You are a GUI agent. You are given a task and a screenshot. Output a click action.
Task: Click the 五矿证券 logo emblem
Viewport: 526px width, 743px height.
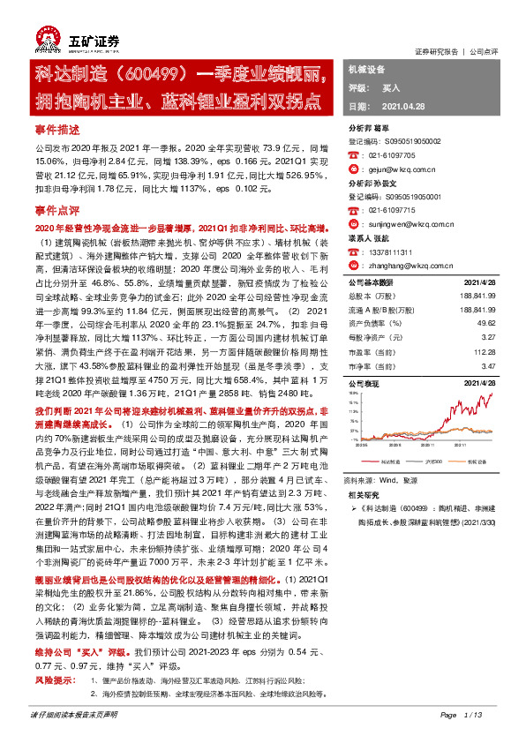coord(48,39)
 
